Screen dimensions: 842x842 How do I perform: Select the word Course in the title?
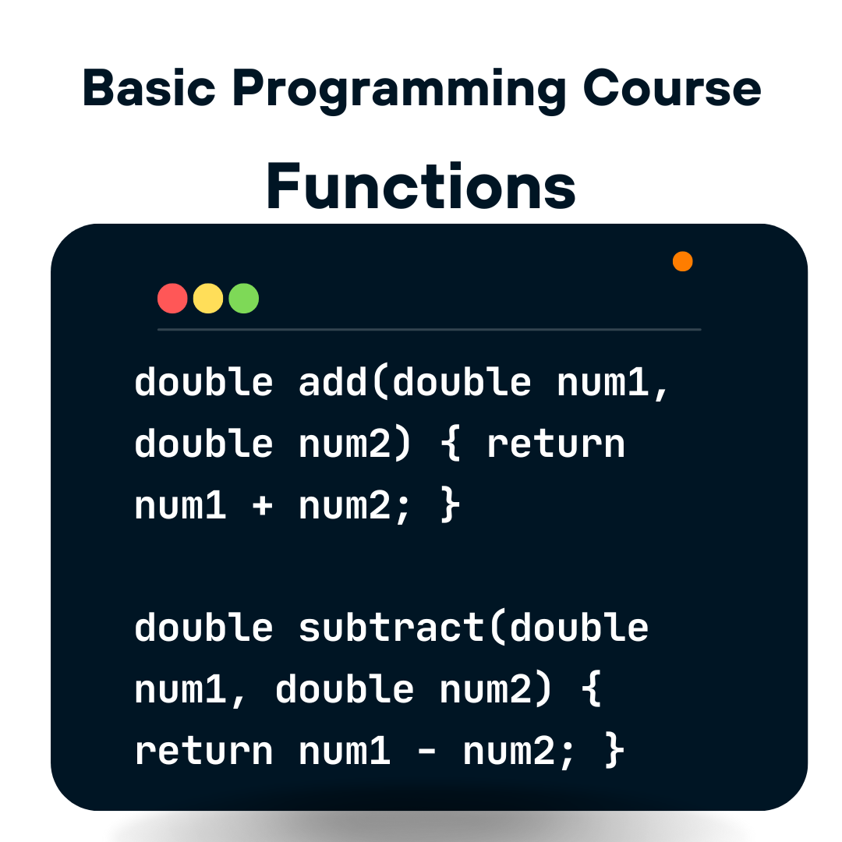tap(671, 88)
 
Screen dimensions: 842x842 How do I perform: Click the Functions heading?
tap(421, 187)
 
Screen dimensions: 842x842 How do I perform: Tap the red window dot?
tap(172, 299)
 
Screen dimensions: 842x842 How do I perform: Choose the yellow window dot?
tap(208, 299)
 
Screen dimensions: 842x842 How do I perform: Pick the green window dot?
tap(243, 299)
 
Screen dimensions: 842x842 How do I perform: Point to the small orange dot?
tap(683, 261)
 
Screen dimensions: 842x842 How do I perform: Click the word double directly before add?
tap(204, 382)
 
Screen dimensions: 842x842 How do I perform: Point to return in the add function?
tap(556, 444)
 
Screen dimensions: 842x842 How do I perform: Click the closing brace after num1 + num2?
tap(451, 506)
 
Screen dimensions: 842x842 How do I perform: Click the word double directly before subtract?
tap(204, 628)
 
